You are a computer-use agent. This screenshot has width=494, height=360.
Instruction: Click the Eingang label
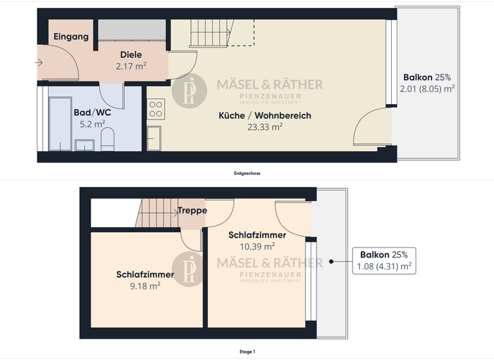[x=71, y=37]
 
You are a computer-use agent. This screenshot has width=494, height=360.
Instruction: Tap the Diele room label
[x=131, y=55]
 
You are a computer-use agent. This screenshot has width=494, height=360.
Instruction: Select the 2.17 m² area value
[x=131, y=66]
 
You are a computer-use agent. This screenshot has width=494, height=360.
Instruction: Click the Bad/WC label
[x=93, y=113]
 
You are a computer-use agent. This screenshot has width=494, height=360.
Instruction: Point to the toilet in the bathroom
[x=107, y=138]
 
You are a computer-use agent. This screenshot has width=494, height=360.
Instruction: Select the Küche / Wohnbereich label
[x=274, y=116]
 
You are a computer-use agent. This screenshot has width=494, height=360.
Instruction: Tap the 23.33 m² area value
[x=265, y=127]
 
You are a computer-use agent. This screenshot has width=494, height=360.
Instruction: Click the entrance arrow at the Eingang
[x=40, y=63]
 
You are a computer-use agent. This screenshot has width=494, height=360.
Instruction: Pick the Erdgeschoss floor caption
[x=247, y=173]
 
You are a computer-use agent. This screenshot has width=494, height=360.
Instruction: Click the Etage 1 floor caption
[x=247, y=352]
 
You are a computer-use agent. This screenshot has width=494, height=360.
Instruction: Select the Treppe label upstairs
[x=192, y=211]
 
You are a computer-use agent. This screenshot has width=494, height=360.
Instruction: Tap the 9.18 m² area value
[x=145, y=286]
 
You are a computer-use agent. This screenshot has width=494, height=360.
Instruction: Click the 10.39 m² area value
[x=257, y=246]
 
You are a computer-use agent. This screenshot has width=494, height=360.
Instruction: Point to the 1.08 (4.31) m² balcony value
[x=384, y=266]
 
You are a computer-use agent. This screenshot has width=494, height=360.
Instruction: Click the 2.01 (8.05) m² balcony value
[x=427, y=89]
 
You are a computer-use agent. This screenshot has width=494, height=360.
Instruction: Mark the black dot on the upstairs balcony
[x=331, y=261]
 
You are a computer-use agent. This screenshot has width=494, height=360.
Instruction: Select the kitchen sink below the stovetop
[x=154, y=138]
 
